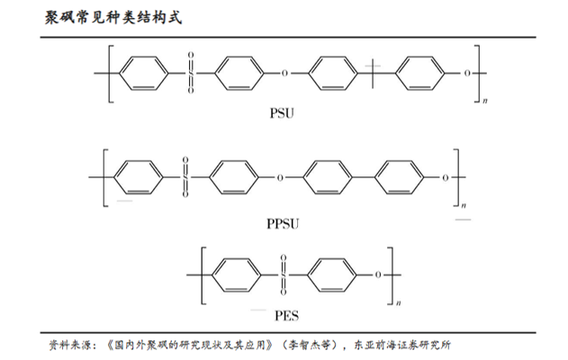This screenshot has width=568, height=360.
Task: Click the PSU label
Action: click(x=282, y=114)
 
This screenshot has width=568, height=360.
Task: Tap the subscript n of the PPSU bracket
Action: click(x=464, y=211)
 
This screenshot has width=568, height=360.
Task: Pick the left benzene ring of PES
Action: click(x=234, y=273)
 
